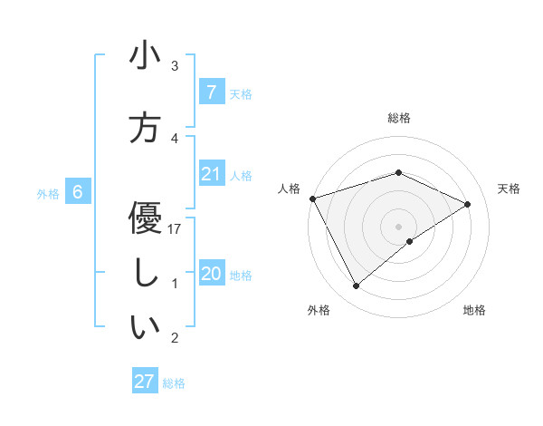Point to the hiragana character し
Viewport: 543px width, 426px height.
coord(145,274)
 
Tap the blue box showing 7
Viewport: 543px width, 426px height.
coord(211,92)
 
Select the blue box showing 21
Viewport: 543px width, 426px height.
coord(211,174)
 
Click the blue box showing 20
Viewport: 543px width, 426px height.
coord(211,274)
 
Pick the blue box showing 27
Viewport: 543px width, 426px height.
coord(145,382)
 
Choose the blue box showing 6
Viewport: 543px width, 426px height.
coord(78,192)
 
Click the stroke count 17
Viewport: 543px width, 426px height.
coord(175,229)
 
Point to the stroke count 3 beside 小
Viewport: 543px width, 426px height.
coord(175,66)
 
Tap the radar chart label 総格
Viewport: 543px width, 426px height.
coord(399,118)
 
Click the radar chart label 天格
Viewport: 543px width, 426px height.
coord(510,189)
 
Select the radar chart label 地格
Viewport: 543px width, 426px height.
coord(474,310)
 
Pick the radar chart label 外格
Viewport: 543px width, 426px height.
coord(319,310)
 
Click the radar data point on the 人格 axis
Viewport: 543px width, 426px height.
coord(312,198)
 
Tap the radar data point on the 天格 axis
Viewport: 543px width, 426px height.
coord(468,204)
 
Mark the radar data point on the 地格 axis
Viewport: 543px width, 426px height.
coord(410,241)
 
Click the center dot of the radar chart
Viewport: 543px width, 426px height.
coord(398,226)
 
